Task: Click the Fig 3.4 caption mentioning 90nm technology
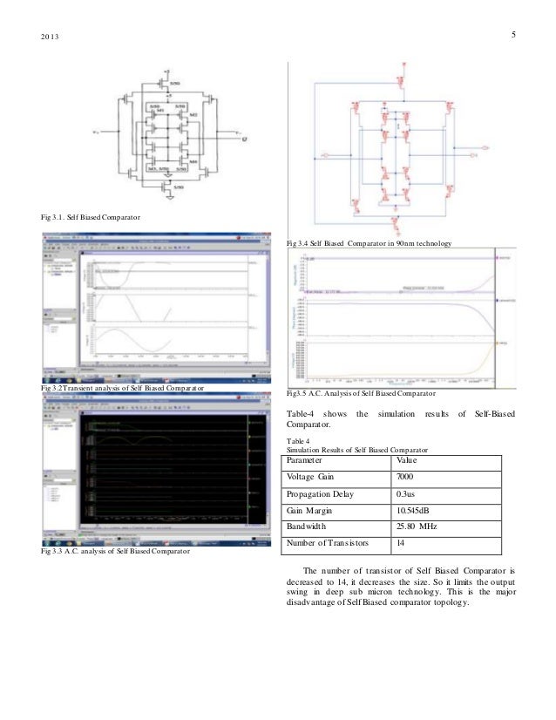pyautogui.click(x=370, y=242)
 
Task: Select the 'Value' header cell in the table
pyautogui.click(x=406, y=460)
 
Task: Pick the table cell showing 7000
pyautogui.click(x=406, y=478)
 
